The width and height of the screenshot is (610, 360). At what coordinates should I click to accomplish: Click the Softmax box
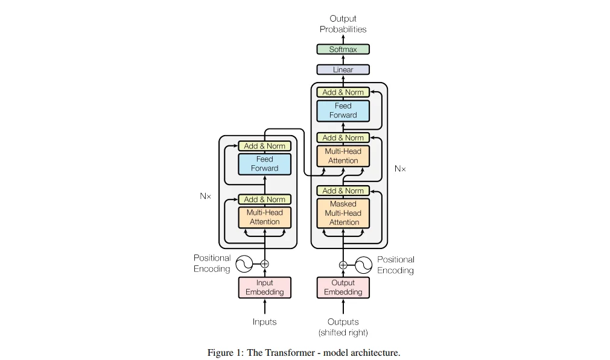click(x=343, y=49)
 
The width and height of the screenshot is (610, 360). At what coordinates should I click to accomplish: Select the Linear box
click(x=343, y=70)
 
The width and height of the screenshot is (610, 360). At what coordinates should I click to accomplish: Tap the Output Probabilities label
click(x=343, y=24)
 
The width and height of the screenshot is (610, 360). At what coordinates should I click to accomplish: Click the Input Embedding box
click(x=264, y=288)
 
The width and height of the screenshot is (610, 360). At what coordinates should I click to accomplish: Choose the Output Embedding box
click(x=343, y=288)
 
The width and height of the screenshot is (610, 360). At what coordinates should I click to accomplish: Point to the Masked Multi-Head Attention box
click(x=343, y=213)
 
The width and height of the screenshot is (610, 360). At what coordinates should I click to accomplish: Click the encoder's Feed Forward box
click(x=264, y=164)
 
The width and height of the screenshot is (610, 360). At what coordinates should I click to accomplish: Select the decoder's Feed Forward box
click(x=343, y=110)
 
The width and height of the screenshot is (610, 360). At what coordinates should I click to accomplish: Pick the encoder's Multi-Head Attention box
click(x=264, y=217)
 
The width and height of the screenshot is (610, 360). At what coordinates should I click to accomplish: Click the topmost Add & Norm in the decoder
click(x=343, y=92)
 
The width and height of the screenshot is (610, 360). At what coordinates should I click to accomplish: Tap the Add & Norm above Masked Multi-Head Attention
click(x=343, y=191)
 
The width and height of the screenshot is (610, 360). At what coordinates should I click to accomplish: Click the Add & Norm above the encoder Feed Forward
click(x=264, y=146)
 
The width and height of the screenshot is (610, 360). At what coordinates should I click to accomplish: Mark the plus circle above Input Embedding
click(x=264, y=264)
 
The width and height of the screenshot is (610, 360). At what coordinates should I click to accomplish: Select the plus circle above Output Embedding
click(x=343, y=264)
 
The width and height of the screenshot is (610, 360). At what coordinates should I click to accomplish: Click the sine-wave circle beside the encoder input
click(x=244, y=264)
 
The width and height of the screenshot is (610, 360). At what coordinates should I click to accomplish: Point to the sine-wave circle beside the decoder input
click(x=363, y=264)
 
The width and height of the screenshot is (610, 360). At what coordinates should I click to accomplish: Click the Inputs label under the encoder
click(x=264, y=322)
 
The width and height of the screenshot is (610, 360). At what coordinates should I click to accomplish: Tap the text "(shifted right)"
click(x=343, y=332)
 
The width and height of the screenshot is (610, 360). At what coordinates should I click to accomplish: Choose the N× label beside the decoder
click(x=400, y=169)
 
